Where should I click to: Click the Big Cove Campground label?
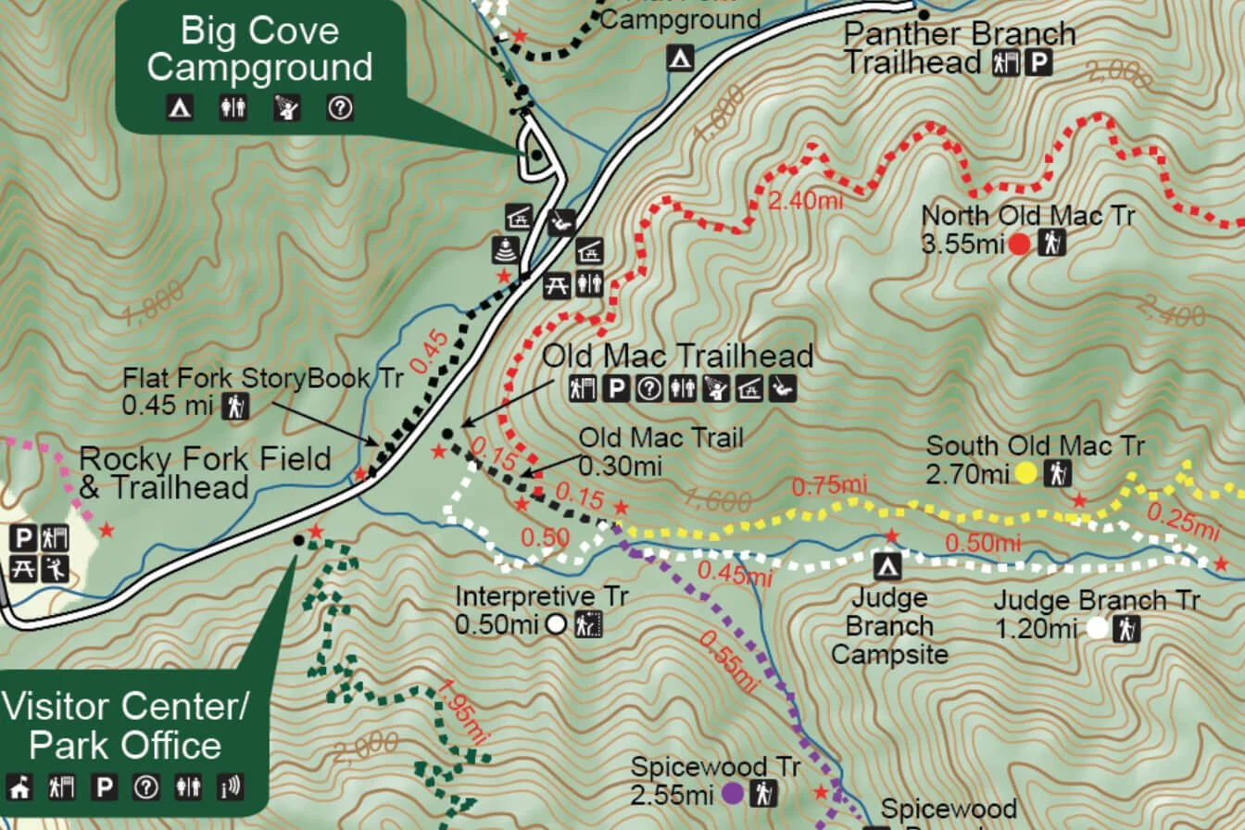pos(259,48)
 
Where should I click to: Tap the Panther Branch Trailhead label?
pos(959,48)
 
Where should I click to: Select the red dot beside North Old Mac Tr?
pos(1019,245)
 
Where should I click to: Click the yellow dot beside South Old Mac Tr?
pos(1025,474)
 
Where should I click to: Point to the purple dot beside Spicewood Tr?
pos(732,794)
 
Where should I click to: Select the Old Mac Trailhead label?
pos(677,356)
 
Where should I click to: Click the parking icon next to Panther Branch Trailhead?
pos(1042,63)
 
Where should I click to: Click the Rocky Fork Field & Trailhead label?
pos(205,472)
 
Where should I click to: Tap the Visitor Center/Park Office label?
pos(125,726)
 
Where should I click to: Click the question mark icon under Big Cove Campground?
pos(340,108)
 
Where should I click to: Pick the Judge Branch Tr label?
pos(1097,600)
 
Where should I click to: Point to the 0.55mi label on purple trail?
pos(728,662)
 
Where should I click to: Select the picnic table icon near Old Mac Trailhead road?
pos(557,285)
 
